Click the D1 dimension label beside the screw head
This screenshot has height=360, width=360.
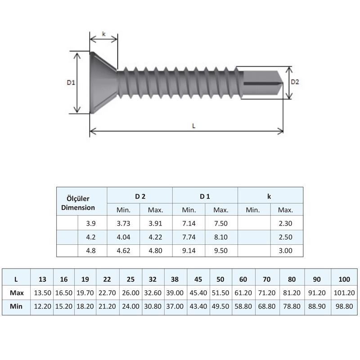[71, 82]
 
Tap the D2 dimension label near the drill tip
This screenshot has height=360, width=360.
[295, 82]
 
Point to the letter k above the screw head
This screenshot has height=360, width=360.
[103, 34]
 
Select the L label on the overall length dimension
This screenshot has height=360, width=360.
[193, 126]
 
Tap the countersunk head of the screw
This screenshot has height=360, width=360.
[103, 82]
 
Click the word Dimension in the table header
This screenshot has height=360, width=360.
[78, 207]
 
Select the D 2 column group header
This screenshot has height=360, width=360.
[139, 196]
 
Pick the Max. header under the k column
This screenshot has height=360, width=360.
[285, 210]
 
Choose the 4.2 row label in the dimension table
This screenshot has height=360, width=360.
[90, 237]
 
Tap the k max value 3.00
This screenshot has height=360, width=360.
[285, 251]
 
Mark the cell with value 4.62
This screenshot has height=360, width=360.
[123, 251]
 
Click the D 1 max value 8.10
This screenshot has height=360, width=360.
[220, 237]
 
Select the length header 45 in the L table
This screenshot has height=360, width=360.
[198, 279]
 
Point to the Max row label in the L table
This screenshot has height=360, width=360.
[17, 293]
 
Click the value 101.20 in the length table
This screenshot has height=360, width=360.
[345, 293]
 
